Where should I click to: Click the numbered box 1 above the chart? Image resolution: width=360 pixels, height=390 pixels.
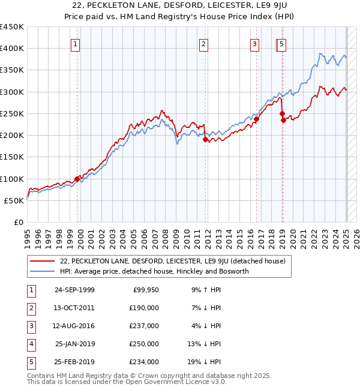tap(76, 43)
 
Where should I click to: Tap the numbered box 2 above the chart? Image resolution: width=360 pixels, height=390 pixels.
tap(204, 43)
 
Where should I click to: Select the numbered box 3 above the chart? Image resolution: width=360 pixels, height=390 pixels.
tap(254, 43)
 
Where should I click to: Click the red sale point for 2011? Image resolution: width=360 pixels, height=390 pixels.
tap(205, 139)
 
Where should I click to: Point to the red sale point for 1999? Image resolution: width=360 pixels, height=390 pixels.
tap(77, 179)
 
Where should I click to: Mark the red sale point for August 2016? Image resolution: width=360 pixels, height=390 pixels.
tap(256, 119)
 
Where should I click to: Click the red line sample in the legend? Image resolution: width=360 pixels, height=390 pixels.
tap(43, 262)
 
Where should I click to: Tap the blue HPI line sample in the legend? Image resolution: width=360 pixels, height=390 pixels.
tap(43, 272)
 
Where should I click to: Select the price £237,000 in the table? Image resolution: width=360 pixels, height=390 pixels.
tap(144, 326)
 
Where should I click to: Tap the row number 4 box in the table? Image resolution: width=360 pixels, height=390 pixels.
tap(30, 344)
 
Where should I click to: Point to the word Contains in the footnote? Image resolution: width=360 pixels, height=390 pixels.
tap(41, 375)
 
